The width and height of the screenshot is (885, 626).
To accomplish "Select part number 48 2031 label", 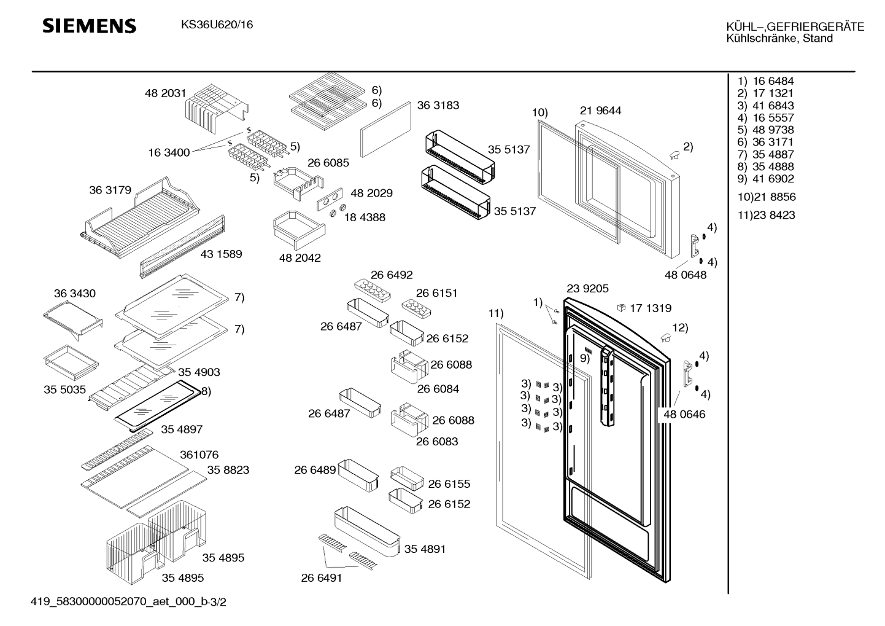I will coord(165,93).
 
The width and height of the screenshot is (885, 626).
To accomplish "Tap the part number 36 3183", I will coord(438,105).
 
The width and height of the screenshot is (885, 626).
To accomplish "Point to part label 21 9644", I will coord(600,111).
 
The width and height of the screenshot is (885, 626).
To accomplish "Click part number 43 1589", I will coord(221,254).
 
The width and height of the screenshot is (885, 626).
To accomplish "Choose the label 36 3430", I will coord(75,294).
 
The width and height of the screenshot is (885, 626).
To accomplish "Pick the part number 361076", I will coord(199,455).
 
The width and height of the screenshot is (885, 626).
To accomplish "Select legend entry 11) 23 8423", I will coord(766,215).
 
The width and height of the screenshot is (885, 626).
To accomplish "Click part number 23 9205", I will coord(587,289).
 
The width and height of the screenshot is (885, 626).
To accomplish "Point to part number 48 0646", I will coord(684,414).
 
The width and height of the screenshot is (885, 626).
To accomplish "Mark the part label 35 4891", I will coord(425,549).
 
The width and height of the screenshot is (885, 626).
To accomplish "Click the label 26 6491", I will coord(322,577).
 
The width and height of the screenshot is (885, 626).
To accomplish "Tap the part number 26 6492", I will coord(392,275).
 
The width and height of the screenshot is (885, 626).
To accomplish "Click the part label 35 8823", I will coord(228,470).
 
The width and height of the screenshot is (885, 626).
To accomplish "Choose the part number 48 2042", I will coord(300,258).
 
